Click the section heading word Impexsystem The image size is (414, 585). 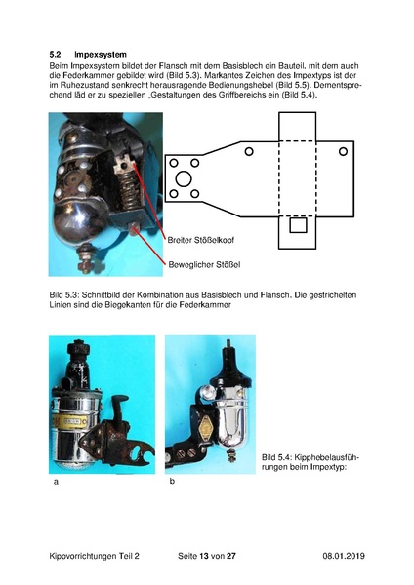101,55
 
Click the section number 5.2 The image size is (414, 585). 55,54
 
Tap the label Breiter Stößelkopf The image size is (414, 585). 201,240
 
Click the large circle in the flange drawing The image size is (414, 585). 184,179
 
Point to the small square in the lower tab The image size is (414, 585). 298,225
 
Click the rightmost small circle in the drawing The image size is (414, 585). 343,151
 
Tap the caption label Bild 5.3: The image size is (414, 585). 63,295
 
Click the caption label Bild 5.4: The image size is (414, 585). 275,457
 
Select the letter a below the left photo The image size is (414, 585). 56,482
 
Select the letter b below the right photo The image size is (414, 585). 172,481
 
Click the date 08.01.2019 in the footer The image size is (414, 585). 344,556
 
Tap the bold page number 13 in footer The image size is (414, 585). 204,556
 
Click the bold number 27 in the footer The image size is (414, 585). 231,556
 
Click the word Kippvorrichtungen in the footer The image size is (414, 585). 83,556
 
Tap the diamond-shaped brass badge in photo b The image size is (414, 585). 206,428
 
